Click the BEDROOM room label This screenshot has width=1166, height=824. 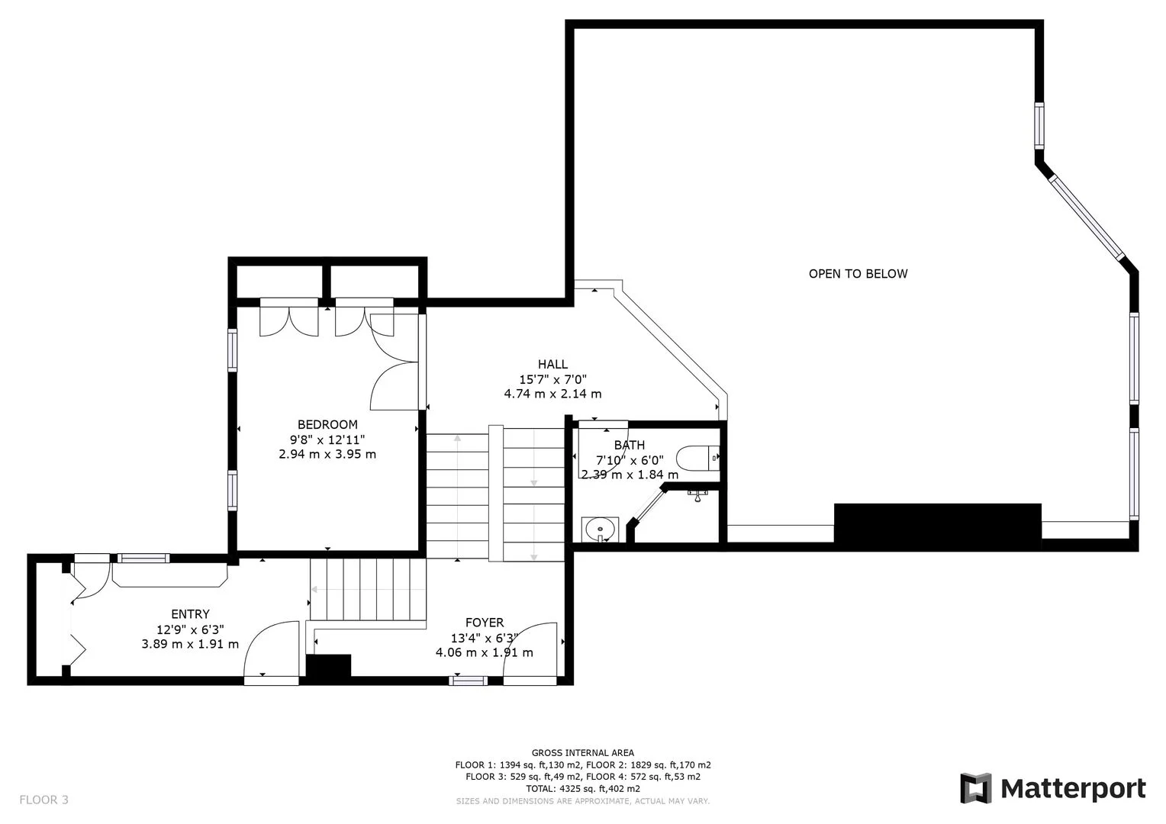click(x=327, y=425)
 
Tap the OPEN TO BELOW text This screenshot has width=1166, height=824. click(x=858, y=274)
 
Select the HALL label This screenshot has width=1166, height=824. click(x=552, y=365)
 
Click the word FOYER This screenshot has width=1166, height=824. click(x=485, y=623)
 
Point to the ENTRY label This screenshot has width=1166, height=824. click(x=190, y=614)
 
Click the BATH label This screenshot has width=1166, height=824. click(x=630, y=446)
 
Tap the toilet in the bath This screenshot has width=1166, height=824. click(x=697, y=459)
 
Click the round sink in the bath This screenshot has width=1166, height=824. click(x=600, y=528)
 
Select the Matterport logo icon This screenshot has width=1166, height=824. click(x=975, y=788)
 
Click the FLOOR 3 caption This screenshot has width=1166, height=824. click(x=43, y=800)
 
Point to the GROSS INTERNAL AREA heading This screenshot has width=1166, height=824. click(x=583, y=753)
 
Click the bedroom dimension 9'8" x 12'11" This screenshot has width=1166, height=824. click(x=327, y=439)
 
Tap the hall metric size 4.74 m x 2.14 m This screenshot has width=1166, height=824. click(x=552, y=394)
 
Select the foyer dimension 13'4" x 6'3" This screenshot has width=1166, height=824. click(x=485, y=638)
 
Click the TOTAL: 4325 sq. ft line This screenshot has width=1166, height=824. click(x=583, y=788)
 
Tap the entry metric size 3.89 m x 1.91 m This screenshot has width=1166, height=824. click(x=190, y=644)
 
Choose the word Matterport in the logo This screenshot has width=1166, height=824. click(x=1073, y=788)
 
